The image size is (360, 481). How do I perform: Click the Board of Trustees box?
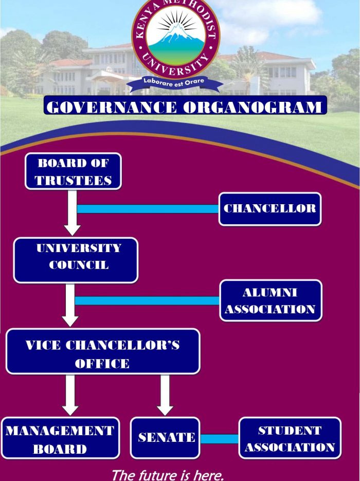[73, 171]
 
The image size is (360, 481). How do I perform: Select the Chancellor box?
[269, 208]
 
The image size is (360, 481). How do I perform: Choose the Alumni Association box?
[271, 300]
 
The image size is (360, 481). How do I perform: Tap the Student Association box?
[290, 438]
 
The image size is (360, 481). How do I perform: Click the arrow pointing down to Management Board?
[70, 394]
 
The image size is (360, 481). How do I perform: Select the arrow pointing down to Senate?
[165, 394]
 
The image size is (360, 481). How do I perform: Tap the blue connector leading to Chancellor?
[148, 209]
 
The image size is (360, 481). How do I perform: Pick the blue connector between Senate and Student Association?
[219, 439]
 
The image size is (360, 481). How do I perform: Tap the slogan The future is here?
[168, 474]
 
